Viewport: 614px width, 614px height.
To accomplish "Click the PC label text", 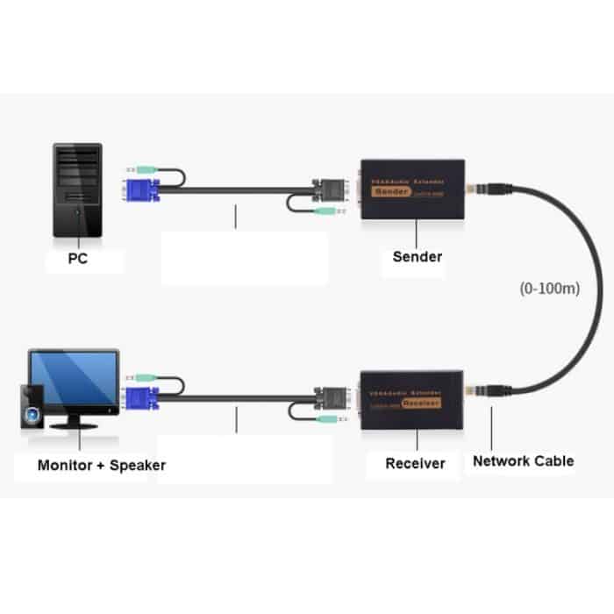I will click(x=77, y=260).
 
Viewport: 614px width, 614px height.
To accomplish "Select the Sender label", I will click(x=418, y=257).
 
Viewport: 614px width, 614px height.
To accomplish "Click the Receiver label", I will click(x=415, y=463).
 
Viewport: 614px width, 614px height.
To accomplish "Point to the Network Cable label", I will click(x=523, y=460).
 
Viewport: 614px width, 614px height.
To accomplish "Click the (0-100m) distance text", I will click(x=548, y=287).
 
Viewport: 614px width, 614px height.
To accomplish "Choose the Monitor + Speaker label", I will click(x=101, y=465).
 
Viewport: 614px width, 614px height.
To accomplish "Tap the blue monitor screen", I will click(x=74, y=377).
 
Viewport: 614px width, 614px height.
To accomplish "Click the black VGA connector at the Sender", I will click(x=335, y=189).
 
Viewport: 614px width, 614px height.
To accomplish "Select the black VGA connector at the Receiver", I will click(x=335, y=399).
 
